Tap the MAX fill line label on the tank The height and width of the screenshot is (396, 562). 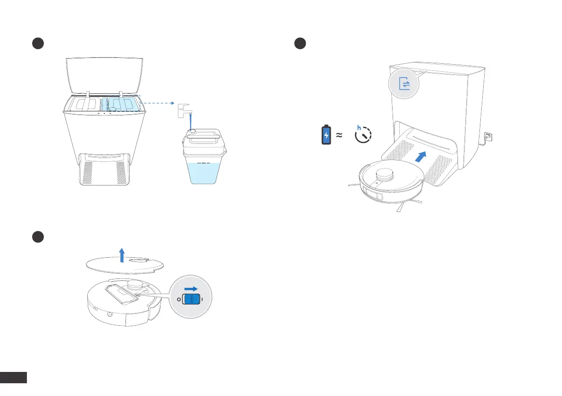tap(204, 164)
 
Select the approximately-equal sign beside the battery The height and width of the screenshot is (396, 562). tap(339, 135)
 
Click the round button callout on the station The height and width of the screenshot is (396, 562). tap(404, 84)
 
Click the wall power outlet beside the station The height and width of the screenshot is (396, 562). tap(488, 138)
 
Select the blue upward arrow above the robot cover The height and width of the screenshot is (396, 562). tap(122, 254)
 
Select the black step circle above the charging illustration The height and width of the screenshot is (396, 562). tap(300, 43)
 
